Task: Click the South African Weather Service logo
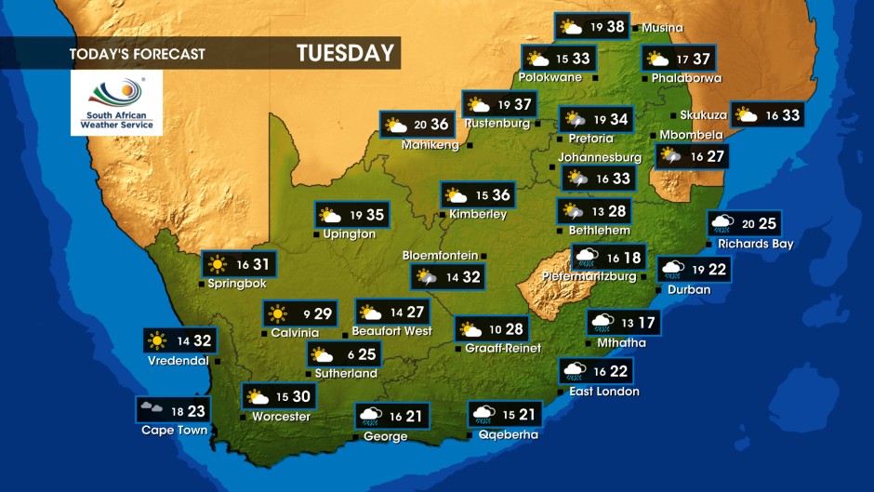click(x=116, y=102)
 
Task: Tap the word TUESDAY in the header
click(x=346, y=53)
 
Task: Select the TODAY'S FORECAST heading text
click(x=137, y=54)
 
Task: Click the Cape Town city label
click(x=174, y=430)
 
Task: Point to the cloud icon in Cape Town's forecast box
click(x=151, y=409)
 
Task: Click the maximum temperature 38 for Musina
click(x=616, y=26)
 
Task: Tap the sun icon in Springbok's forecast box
click(x=218, y=264)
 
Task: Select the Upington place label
click(x=350, y=234)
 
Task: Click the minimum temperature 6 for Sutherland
click(x=350, y=354)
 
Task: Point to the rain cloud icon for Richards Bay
click(x=722, y=223)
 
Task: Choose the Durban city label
click(x=689, y=289)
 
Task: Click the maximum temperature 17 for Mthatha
click(x=645, y=323)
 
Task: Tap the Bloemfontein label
click(x=440, y=255)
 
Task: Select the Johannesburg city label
click(x=600, y=157)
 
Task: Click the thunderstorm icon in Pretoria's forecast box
click(x=575, y=119)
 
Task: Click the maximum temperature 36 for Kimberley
click(x=501, y=194)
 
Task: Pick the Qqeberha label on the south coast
click(x=508, y=434)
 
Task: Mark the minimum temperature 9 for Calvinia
click(x=305, y=313)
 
